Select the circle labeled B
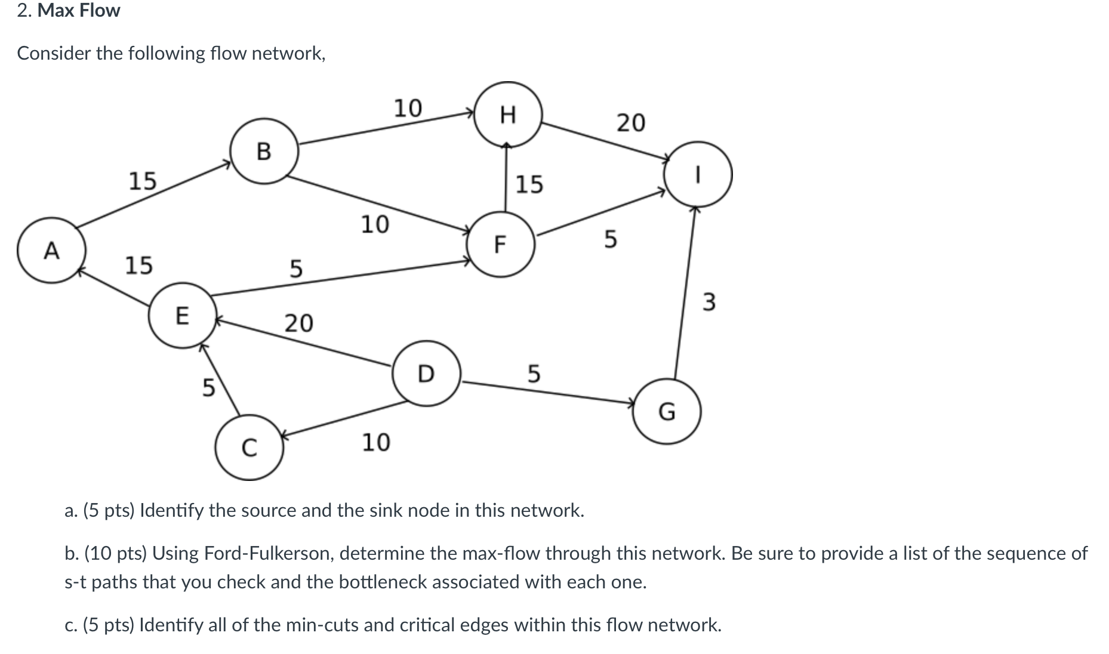(264, 151)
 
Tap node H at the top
(508, 114)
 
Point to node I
(698, 174)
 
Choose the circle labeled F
(501, 244)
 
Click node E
(182, 315)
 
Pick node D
(426, 374)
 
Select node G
(667, 411)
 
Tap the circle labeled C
(249, 448)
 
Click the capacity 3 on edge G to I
(708, 302)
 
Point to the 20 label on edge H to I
(630, 122)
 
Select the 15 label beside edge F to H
(529, 184)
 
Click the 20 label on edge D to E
(298, 323)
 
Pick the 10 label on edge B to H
(408, 108)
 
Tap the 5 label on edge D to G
(534, 374)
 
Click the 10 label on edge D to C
(376, 442)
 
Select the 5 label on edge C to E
(208, 388)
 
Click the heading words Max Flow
(79, 11)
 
